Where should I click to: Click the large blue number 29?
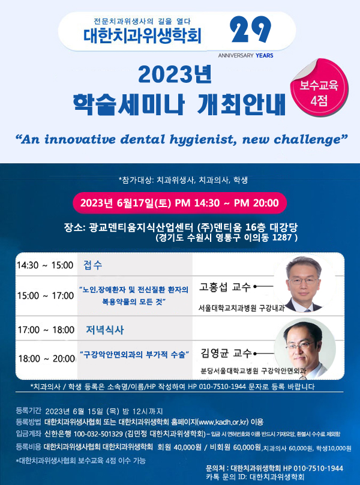pos(251,29)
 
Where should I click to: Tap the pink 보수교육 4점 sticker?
pos(319,88)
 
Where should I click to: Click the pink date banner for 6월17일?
pos(179,203)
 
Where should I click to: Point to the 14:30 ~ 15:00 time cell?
pos(45,265)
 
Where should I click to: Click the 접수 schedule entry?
pos(93,265)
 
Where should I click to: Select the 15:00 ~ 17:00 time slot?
pos(46,296)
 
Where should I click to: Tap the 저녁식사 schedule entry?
pos(105,330)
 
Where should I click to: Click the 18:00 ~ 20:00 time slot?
pos(46,359)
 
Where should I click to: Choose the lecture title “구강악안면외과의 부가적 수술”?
pos(134,355)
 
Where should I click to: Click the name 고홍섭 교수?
pos(224,287)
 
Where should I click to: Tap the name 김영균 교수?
pos(226,353)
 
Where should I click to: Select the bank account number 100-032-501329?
pos(98,434)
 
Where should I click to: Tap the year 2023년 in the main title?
pos(175,74)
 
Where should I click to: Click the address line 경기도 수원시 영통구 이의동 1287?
pos(227,238)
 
